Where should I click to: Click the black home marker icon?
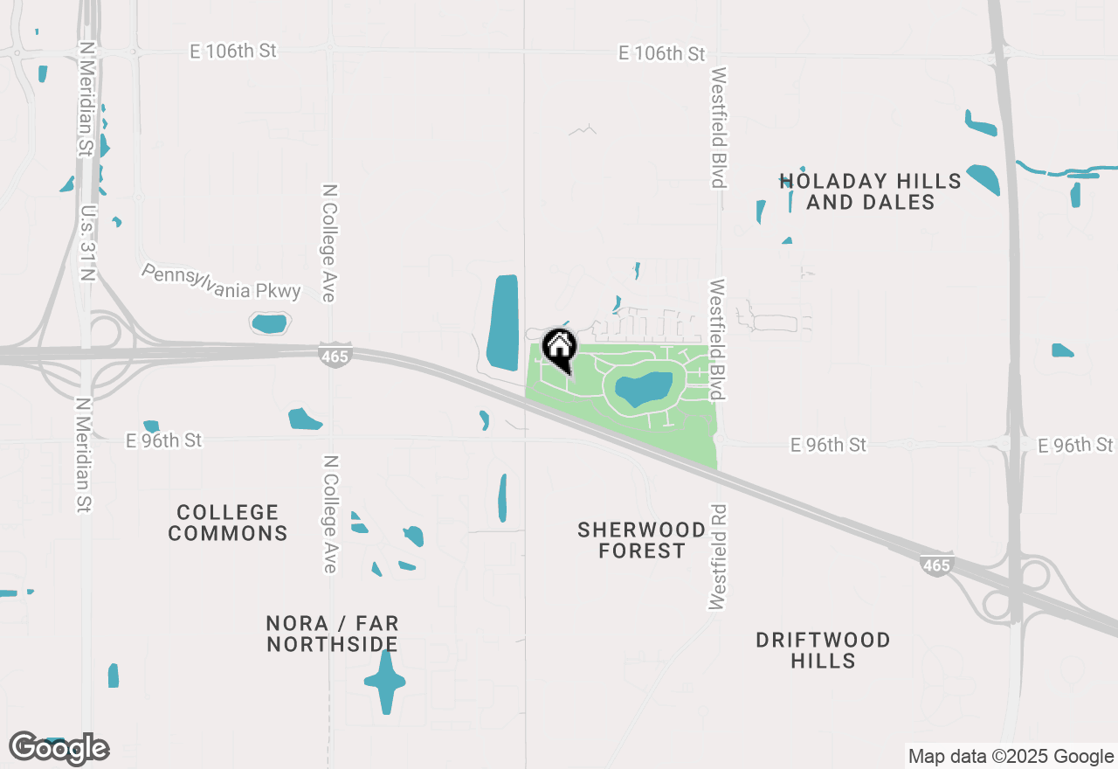(x=559, y=349)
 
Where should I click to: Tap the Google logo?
(x=59, y=748)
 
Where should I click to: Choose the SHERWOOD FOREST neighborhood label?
(x=642, y=540)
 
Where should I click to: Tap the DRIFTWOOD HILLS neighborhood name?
(x=823, y=650)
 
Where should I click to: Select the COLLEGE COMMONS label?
(x=228, y=523)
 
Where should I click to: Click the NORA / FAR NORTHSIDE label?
(x=333, y=634)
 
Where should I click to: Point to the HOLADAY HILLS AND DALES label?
(x=870, y=191)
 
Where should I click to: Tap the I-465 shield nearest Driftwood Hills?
(x=935, y=565)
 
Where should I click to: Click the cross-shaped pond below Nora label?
(x=384, y=681)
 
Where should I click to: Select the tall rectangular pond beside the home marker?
(x=503, y=322)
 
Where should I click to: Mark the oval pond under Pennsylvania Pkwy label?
(x=269, y=323)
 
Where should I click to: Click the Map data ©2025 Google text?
(x=1011, y=757)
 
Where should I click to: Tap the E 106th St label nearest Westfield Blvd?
(x=661, y=54)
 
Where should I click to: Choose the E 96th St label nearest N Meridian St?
(x=163, y=440)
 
